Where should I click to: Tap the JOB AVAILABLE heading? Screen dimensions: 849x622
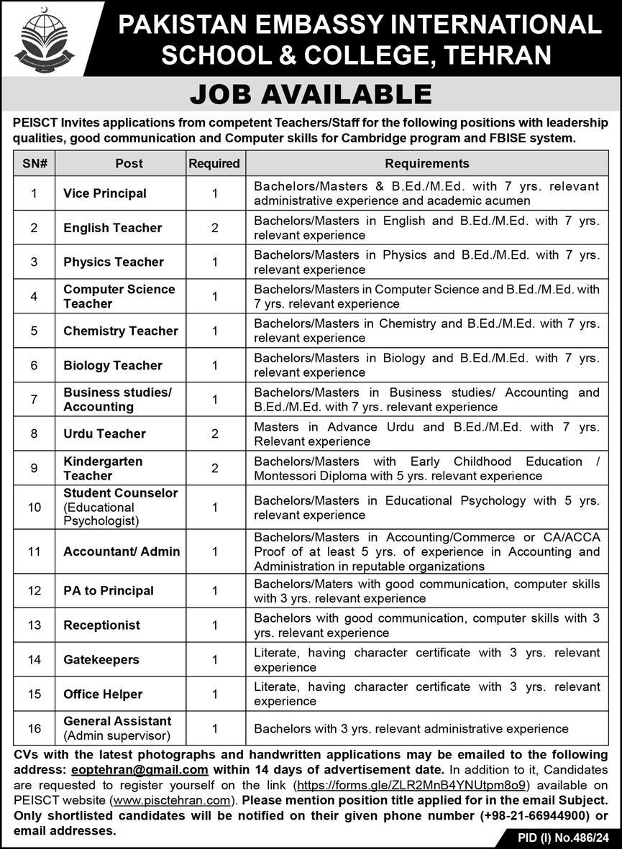point(311,94)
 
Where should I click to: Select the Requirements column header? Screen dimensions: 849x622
point(426,163)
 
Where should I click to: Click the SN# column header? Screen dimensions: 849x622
point(35,163)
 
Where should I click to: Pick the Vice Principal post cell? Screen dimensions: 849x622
point(105,193)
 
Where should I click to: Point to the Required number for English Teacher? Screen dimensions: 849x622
point(214,228)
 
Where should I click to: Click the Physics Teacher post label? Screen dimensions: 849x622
point(114,262)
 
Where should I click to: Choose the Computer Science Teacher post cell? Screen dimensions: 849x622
point(119,296)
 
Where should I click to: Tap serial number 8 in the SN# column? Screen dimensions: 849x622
point(35,433)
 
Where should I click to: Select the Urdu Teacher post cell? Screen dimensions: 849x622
point(104,433)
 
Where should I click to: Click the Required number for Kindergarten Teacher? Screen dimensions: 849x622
point(214,468)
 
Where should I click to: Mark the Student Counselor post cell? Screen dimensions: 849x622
point(120,507)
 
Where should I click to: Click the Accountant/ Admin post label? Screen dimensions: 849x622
point(122,551)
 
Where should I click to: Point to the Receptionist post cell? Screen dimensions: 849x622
point(101,625)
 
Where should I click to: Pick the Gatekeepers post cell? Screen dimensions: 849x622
point(101,660)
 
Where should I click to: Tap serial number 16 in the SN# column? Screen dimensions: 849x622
point(35,728)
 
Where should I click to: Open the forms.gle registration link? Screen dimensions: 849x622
point(413,784)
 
